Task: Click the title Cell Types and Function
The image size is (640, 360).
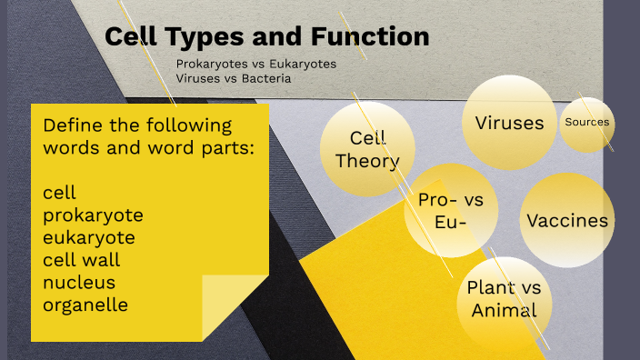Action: point(266,37)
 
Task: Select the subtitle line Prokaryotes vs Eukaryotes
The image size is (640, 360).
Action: point(256,65)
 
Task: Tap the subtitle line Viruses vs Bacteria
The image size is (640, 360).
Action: point(234,79)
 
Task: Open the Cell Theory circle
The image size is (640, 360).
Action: point(367,149)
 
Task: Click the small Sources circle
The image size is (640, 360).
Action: point(586,123)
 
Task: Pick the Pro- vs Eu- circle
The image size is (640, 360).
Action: point(451,211)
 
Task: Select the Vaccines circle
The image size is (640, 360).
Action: point(567,221)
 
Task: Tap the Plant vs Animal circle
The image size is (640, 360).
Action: point(504,299)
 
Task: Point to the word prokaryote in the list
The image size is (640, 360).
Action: point(93,215)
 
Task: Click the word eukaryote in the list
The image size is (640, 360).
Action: point(89,237)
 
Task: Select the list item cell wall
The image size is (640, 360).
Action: point(82,260)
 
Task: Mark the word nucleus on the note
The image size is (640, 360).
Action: point(79,282)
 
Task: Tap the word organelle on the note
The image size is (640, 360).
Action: point(85,305)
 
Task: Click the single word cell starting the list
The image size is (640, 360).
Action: point(59,193)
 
